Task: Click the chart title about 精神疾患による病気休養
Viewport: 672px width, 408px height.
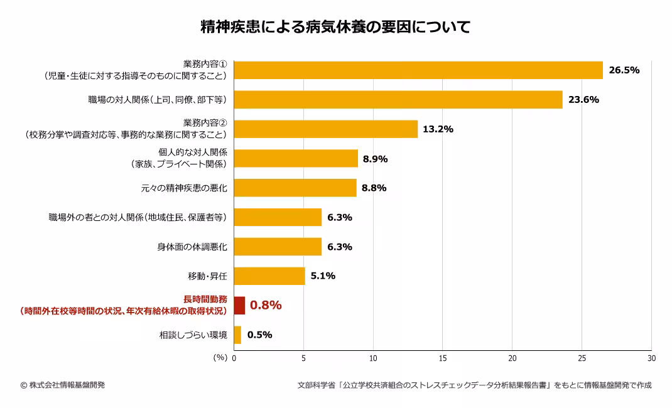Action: coord(335,27)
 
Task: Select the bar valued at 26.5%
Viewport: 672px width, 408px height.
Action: coord(418,70)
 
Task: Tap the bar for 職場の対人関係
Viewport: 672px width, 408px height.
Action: coord(398,100)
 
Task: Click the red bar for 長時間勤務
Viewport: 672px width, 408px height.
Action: coord(239,305)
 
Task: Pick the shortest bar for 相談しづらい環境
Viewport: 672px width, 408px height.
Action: coord(237,335)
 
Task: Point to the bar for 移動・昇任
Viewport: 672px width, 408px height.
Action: coord(269,276)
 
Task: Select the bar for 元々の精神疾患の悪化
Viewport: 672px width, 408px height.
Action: coord(295,188)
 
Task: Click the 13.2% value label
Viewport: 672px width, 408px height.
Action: coord(438,129)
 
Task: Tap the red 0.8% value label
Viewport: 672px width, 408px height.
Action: coord(266,305)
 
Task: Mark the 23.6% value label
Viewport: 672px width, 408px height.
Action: coord(583,100)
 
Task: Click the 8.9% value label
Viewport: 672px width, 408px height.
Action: coord(375,159)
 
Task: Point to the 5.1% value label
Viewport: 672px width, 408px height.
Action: coord(323,276)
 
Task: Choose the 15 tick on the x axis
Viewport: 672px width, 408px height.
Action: coord(443,358)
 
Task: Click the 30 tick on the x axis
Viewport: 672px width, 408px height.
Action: coord(651,358)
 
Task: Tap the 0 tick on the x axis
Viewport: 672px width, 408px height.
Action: coord(234,358)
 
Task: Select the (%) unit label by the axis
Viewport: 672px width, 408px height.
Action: coord(220,358)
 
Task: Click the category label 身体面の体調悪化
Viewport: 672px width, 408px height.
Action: coord(192,247)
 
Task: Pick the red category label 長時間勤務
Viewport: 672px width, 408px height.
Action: coord(205,299)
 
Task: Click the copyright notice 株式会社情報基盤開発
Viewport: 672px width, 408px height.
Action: coord(63,385)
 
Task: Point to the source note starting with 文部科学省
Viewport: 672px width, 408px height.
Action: coord(474,385)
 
